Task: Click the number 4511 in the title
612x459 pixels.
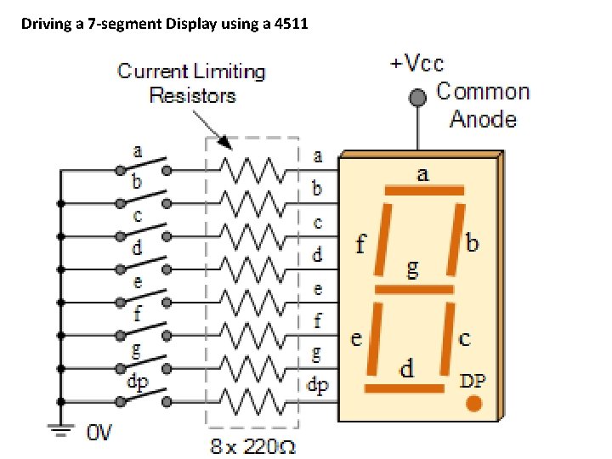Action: tap(290, 24)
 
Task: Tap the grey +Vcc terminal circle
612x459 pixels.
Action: tap(417, 98)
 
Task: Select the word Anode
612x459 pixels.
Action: tap(483, 119)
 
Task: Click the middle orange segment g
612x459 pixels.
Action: tap(414, 289)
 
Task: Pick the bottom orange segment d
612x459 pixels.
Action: tap(405, 388)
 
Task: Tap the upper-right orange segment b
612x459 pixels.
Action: tap(457, 239)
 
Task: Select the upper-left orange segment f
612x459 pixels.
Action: tap(381, 239)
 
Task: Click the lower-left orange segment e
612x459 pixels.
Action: tap(371, 338)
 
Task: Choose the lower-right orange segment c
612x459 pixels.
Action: tap(446, 338)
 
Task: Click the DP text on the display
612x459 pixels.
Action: tap(473, 380)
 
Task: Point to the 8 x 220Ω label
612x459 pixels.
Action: tap(252, 445)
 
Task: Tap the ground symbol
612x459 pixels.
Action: tap(59, 430)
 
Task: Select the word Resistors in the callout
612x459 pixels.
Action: tap(192, 95)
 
